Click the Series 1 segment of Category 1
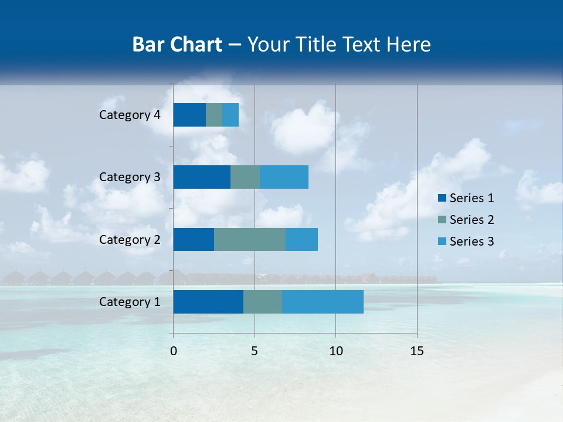(208, 302)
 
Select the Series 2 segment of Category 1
(263, 302)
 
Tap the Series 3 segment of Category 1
(323, 302)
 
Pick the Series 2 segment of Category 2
(250, 239)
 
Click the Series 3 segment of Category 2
(301, 239)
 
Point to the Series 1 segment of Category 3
(202, 177)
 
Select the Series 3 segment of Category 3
(284, 177)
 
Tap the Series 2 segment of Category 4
(214, 115)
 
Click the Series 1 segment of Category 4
(189, 115)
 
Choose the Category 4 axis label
(130, 115)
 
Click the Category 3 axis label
(130, 177)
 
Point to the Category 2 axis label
(130, 240)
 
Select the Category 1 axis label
(130, 302)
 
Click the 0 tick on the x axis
(174, 351)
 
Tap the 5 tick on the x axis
(255, 351)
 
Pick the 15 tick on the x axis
(416, 351)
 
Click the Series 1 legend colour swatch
(442, 198)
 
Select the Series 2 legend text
(472, 220)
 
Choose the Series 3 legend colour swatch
(442, 241)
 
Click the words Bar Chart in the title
(177, 45)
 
